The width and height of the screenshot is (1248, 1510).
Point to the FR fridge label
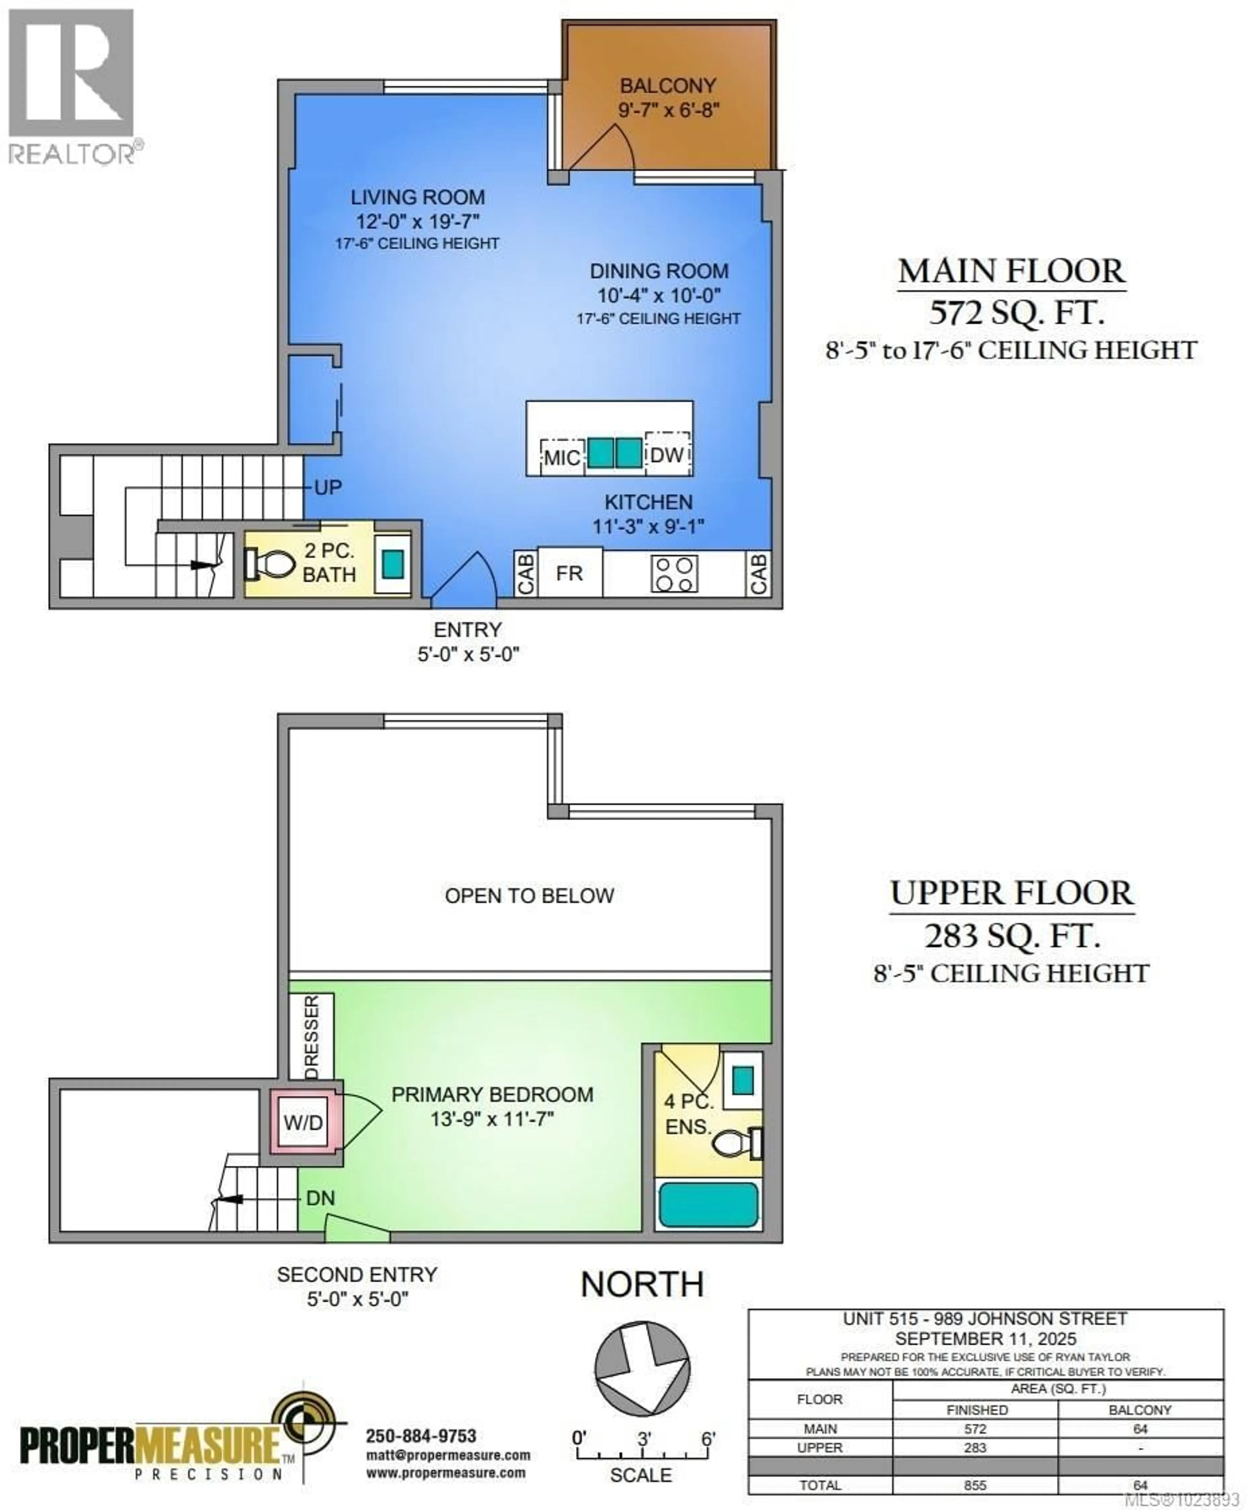(569, 573)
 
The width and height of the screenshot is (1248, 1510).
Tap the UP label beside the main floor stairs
(328, 488)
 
